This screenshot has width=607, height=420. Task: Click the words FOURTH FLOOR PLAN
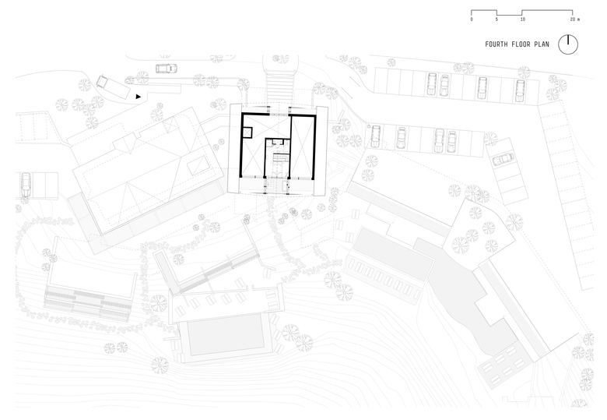coord(516,44)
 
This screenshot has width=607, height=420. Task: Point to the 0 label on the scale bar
coord(472,19)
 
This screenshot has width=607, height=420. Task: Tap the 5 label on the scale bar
coord(496,19)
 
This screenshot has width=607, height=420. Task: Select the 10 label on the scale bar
coord(522,19)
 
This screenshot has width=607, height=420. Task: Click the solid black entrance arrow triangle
coord(139,97)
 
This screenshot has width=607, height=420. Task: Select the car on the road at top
coord(166,69)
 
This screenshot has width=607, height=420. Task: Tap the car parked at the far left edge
coord(26,184)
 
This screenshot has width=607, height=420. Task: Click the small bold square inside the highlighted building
coord(247,132)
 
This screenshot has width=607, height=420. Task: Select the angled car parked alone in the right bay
coord(502,159)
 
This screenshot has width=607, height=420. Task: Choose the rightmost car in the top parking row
coord(520,90)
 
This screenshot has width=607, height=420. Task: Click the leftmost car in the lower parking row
coord(376,137)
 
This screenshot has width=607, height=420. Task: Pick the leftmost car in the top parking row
coord(430,83)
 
